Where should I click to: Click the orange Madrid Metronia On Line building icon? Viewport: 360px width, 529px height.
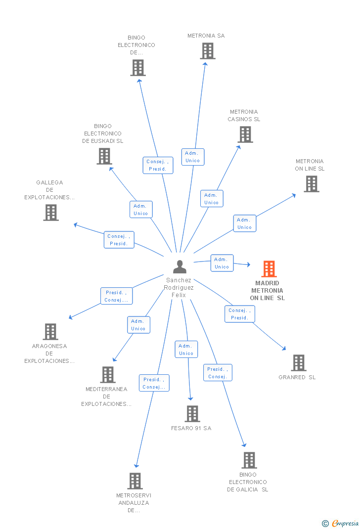[x=269, y=269]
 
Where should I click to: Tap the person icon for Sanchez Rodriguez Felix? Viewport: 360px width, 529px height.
[x=180, y=266]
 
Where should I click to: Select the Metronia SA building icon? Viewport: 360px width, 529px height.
[x=208, y=51]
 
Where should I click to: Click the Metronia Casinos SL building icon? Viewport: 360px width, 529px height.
[x=245, y=134]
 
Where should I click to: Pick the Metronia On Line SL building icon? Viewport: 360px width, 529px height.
[x=312, y=184]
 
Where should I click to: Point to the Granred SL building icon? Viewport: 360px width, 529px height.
[x=299, y=363]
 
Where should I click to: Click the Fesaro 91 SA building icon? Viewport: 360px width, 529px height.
[x=192, y=414]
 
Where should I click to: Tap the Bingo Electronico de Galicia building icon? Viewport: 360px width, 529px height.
[x=249, y=460]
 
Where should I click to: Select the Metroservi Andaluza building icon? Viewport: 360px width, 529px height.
[x=135, y=481]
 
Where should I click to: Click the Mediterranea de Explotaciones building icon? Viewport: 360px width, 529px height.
[x=108, y=374]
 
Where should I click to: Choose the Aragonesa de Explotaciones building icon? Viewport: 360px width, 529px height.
[x=50, y=332]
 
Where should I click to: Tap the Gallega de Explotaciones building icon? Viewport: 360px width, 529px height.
[x=51, y=213]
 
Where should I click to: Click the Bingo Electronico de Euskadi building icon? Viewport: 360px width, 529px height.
[x=104, y=156]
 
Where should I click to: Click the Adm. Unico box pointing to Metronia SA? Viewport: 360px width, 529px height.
[x=193, y=157]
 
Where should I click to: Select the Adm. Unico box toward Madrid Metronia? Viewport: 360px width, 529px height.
[x=222, y=263]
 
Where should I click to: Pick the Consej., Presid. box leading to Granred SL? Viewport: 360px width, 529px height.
[x=239, y=314]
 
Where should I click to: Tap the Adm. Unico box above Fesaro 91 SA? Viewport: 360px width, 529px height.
[x=186, y=350]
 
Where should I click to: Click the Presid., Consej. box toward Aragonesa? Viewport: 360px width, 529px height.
[x=116, y=296]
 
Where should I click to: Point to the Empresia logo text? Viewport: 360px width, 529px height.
[x=345, y=523]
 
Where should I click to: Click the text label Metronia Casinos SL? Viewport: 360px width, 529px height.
[x=244, y=115]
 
